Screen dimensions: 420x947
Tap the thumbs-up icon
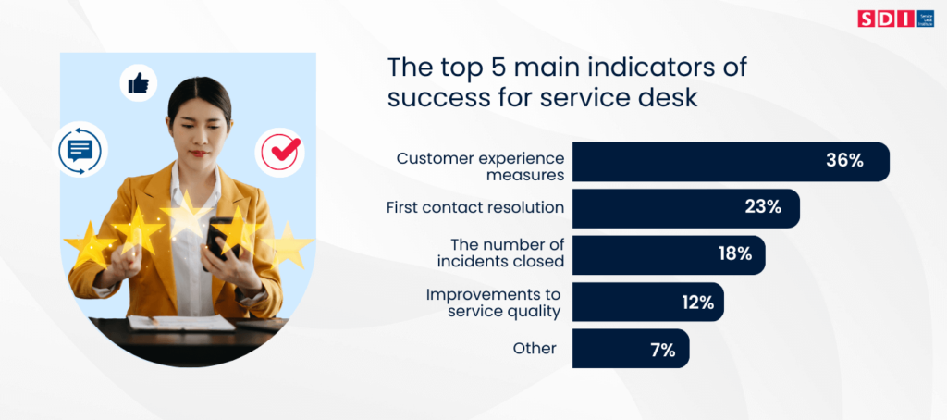pos(139,85)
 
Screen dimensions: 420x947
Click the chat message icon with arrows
pos(80,149)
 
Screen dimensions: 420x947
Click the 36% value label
pos(843,161)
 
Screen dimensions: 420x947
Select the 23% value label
pos(763,207)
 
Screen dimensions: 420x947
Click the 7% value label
pos(661,349)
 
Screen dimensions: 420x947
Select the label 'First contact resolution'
pos(474,207)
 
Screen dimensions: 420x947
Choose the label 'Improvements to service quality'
pos(493,303)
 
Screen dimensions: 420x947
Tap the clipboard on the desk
pos(181,322)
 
